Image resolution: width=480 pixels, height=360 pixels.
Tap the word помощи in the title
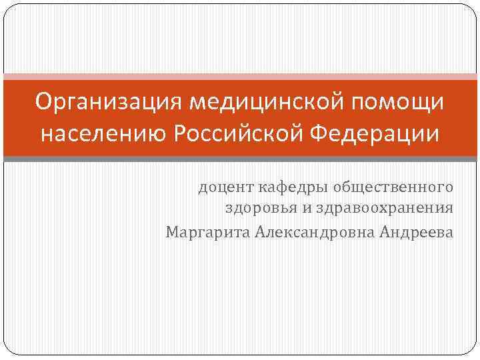pos(398,103)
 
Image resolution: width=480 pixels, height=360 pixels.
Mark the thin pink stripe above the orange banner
pos(240,76)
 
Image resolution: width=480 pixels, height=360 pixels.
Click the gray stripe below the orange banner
pos(240,159)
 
